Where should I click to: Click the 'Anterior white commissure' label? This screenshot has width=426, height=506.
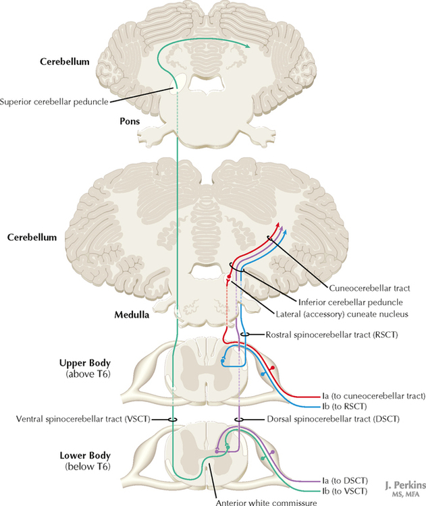click(x=259, y=501)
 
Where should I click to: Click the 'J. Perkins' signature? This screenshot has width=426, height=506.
click(x=403, y=484)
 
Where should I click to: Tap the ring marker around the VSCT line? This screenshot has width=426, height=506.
click(x=173, y=419)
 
